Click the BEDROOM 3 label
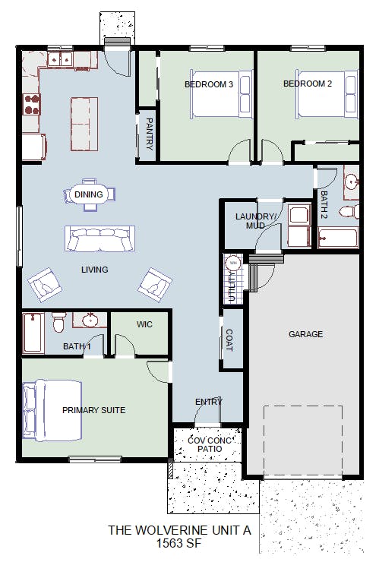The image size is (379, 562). point(209,84)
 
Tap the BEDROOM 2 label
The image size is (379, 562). point(308,84)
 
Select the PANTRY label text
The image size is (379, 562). point(150,134)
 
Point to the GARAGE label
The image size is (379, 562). point(305,334)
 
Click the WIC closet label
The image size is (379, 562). point(144,324)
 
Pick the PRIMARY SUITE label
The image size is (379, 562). point(94,410)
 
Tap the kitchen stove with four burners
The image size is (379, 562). point(31,104)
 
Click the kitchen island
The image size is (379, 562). point(84,124)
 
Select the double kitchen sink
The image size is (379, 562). point(60,59)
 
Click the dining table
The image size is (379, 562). point(89,194)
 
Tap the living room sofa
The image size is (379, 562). point(100,238)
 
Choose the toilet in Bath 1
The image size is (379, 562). point(58,322)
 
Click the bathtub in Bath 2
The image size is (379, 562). point(338,238)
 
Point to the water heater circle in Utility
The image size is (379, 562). point(233,263)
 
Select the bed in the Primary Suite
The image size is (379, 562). point(52,410)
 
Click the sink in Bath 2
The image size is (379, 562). point(351,182)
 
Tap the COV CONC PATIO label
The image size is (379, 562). point(210,444)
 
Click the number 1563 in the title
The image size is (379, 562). point(169,543)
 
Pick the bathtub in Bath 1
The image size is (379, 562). point(33,333)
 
